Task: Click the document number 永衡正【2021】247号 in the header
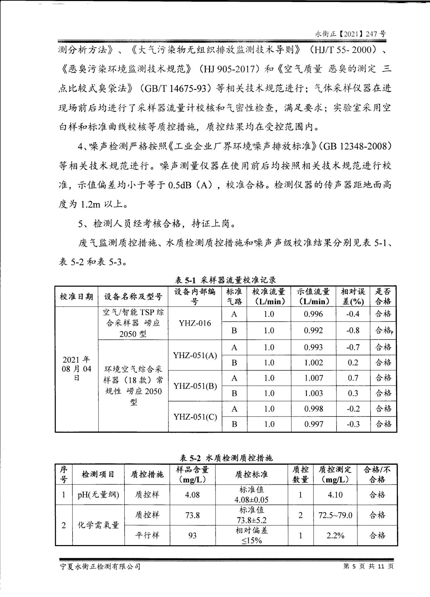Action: click(x=350, y=34)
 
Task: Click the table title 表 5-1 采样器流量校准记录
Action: click(x=225, y=280)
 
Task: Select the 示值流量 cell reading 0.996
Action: click(x=313, y=314)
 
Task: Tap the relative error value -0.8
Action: click(x=353, y=330)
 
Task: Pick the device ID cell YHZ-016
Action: click(x=195, y=323)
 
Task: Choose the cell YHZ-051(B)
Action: click(x=195, y=386)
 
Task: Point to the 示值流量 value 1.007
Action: click(x=313, y=378)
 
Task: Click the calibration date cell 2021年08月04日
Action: click(x=77, y=369)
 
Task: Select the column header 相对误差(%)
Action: click(x=353, y=296)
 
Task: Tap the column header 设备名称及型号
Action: click(x=133, y=296)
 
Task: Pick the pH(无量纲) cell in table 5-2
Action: click(x=98, y=495)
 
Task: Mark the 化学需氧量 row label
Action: click(x=98, y=525)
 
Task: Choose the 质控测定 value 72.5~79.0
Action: click(x=335, y=515)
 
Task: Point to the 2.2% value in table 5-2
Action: click(x=335, y=536)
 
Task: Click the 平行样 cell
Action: click(x=147, y=536)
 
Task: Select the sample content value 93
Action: click(x=192, y=536)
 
